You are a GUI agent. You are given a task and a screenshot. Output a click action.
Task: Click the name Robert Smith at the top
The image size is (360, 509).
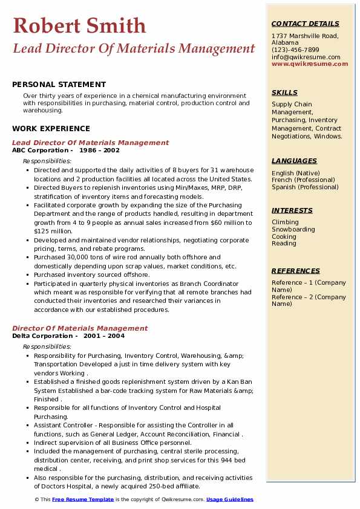79,25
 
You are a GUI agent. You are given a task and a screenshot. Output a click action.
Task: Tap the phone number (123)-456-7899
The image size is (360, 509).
295,50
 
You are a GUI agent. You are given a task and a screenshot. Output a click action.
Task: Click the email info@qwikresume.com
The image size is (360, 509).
306,57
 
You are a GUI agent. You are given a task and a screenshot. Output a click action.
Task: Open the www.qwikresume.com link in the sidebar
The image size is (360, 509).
310,63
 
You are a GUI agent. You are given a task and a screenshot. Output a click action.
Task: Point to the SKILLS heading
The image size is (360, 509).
284,92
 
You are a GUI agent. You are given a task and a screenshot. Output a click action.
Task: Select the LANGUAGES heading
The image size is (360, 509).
294,161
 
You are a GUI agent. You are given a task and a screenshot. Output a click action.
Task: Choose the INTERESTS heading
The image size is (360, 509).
293,210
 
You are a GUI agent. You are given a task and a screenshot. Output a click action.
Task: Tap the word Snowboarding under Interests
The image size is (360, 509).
293,230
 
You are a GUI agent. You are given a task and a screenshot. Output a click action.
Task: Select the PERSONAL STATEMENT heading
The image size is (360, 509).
59,85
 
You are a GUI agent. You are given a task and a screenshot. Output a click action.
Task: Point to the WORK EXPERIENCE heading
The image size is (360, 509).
51,129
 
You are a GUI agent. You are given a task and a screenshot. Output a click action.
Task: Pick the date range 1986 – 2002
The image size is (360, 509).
99,151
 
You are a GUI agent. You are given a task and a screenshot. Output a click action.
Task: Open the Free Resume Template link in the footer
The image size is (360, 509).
82,499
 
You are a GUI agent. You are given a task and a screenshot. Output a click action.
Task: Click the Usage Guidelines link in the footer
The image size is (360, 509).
230,499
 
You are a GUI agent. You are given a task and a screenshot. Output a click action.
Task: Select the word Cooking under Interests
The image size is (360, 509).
284,236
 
